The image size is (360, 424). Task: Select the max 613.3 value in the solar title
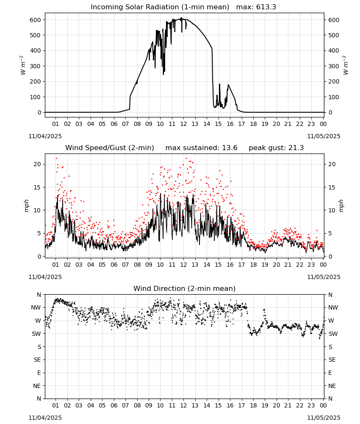pos(256,7)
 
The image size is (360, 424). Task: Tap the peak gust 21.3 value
pos(276,148)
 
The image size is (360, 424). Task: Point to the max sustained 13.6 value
pos(201,148)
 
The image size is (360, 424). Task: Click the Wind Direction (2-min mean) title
pos(185,288)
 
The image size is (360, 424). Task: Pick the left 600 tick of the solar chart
pos(36,20)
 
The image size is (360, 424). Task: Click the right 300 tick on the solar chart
pos(334,66)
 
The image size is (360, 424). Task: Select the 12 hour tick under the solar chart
pos(183,124)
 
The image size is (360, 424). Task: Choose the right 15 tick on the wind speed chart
pos(332,187)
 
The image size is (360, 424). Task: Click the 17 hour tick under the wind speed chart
pos(241,265)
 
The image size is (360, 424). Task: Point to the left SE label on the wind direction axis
pos(37,360)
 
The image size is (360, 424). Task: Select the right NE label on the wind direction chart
pos(332,386)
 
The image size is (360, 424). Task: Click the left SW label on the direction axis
pos(36,334)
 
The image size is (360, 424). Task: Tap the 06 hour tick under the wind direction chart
pos(114,406)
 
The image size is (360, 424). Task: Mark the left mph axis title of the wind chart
pos(26,206)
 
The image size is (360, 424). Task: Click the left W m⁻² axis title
pos(23,65)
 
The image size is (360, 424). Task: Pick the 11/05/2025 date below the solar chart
pos(324,136)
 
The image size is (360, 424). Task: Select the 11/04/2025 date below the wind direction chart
pos(45,418)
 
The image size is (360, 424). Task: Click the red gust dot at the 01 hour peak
pos(56,159)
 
